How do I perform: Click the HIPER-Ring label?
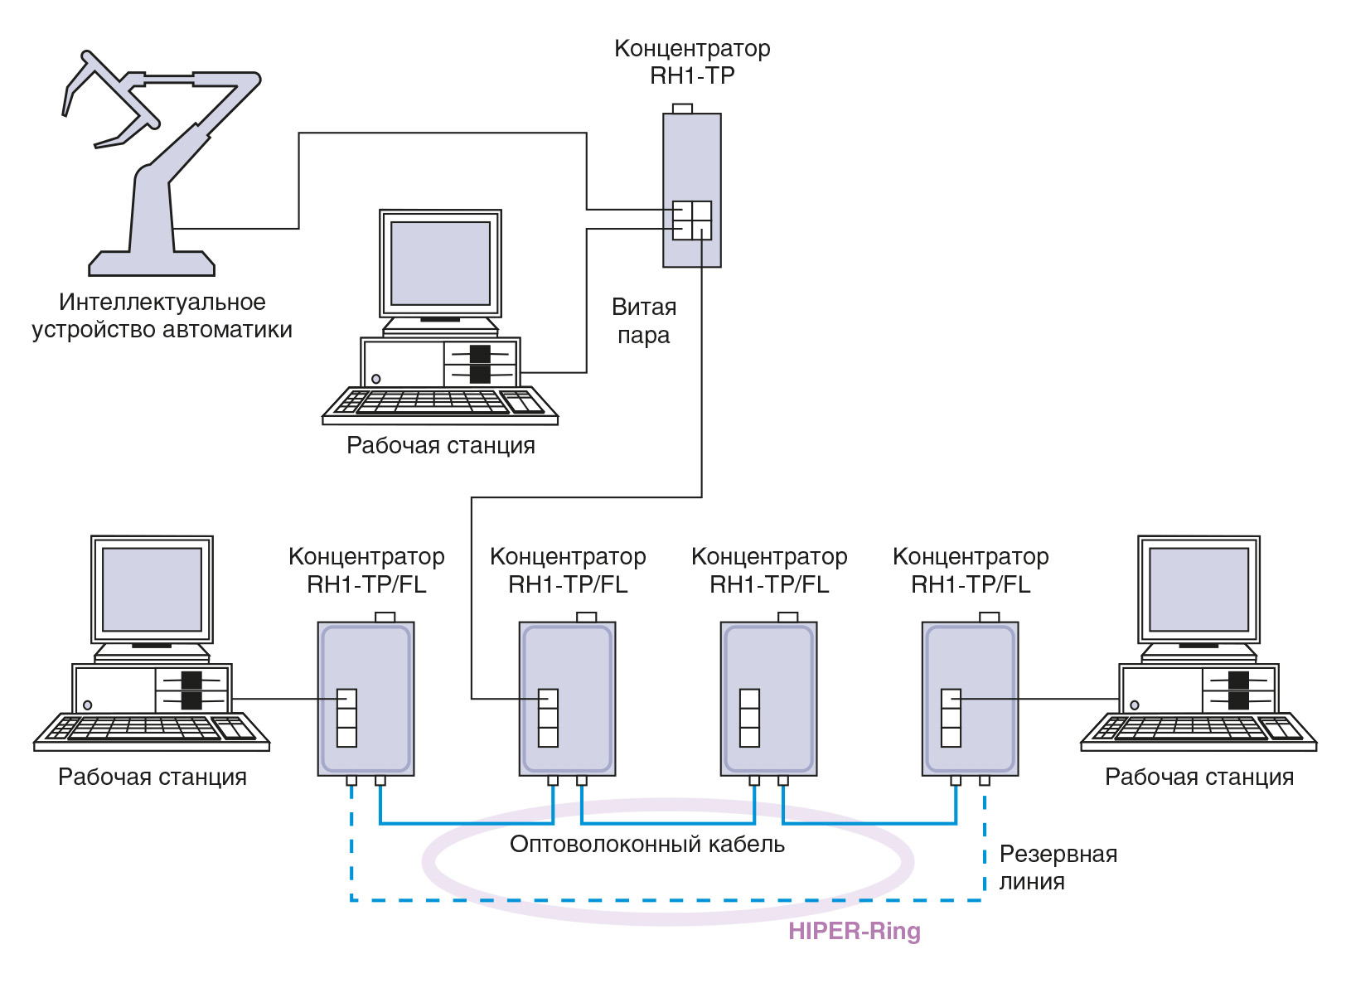[x=854, y=931]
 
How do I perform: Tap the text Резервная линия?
[x=1057, y=867]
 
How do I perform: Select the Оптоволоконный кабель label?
[x=646, y=844]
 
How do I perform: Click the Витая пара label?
[x=644, y=321]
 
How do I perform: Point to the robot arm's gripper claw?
[x=99, y=99]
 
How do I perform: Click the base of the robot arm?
[x=152, y=264]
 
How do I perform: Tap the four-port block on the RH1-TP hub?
[x=691, y=220]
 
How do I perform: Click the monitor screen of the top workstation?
[x=440, y=263]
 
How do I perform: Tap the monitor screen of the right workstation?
[x=1198, y=589]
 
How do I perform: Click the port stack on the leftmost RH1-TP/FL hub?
[x=346, y=718]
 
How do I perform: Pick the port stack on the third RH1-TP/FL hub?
[x=749, y=718]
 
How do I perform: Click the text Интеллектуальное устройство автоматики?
[x=162, y=316]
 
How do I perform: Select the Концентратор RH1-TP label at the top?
[x=692, y=61]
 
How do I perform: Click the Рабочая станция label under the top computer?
[x=440, y=445]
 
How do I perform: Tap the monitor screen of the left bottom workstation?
[x=152, y=589]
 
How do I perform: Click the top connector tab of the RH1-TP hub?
[x=682, y=109]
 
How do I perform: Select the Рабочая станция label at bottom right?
[x=1198, y=777]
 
